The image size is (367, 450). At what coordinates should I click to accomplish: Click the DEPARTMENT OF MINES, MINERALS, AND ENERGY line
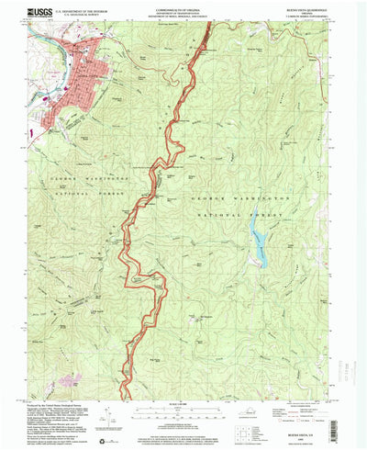pos(183,18)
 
